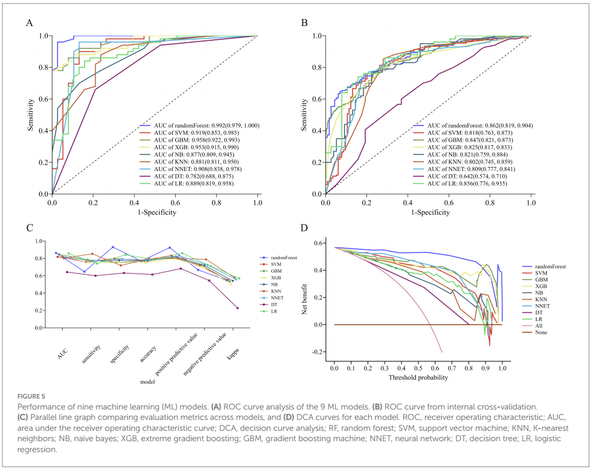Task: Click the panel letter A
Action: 29,23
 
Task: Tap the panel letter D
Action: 305,229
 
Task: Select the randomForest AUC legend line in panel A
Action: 194,125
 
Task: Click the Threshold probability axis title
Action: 418,378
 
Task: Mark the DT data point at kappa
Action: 237,308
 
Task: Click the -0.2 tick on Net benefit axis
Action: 319,352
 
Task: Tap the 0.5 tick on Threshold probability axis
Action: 418,367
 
